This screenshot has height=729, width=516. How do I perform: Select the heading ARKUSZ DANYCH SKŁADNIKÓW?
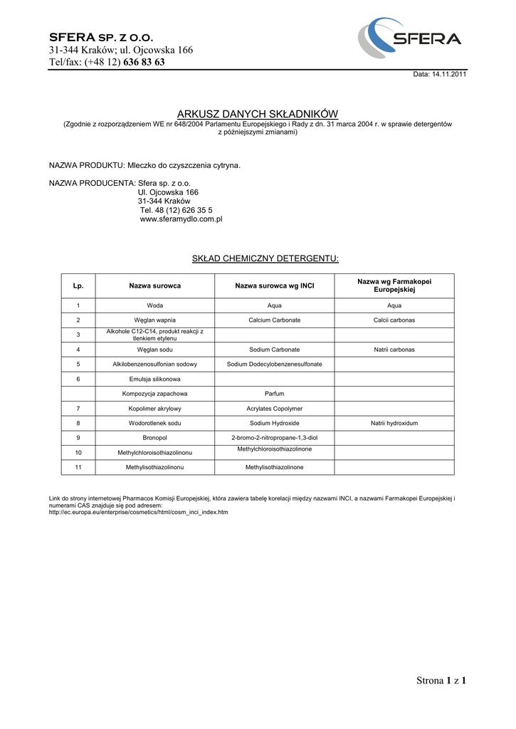[x=258, y=114]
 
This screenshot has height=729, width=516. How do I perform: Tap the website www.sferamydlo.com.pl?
[x=181, y=219]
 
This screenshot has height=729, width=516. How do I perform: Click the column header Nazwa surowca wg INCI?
[x=275, y=285]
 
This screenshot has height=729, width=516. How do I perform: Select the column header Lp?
[x=78, y=285]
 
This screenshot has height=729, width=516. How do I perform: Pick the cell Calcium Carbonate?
[x=275, y=320]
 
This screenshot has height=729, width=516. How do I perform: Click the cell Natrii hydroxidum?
[x=394, y=423]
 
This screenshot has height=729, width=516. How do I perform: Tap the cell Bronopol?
[x=154, y=437]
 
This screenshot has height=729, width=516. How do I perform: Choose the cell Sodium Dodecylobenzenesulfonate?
[x=275, y=364]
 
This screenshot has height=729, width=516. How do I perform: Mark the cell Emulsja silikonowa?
[x=154, y=379]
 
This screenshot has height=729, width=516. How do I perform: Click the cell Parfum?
[x=275, y=394]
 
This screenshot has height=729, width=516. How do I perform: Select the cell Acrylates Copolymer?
[x=275, y=409]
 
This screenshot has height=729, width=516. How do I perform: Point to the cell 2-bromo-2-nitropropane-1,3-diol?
[x=275, y=437]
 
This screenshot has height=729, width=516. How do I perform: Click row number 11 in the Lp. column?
[x=78, y=467]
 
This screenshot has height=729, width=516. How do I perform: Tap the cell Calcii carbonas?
[x=394, y=320]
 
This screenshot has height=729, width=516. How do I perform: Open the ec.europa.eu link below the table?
[x=138, y=512]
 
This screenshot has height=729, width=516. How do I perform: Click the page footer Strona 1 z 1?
[x=441, y=681]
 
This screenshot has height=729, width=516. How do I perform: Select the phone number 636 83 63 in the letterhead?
[x=144, y=62]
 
